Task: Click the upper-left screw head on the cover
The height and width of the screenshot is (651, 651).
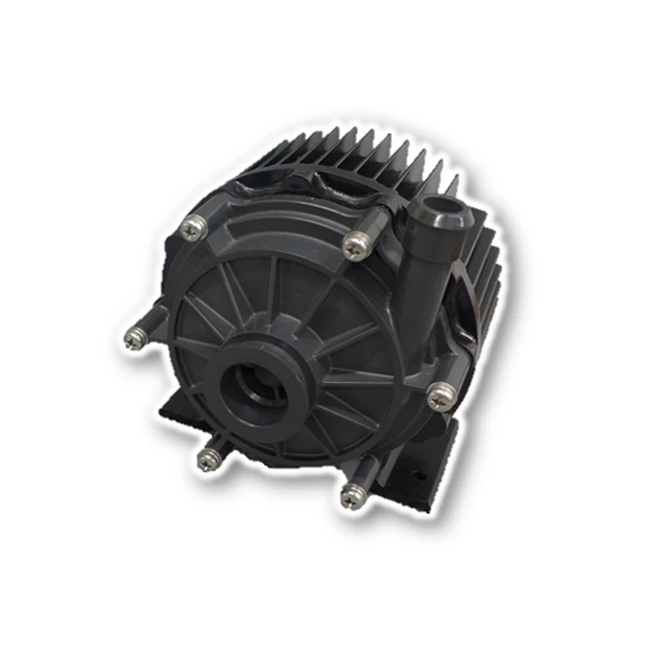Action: (192, 227)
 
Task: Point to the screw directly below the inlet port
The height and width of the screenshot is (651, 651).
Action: (209, 459)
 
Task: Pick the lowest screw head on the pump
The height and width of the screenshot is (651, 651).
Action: (351, 495)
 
